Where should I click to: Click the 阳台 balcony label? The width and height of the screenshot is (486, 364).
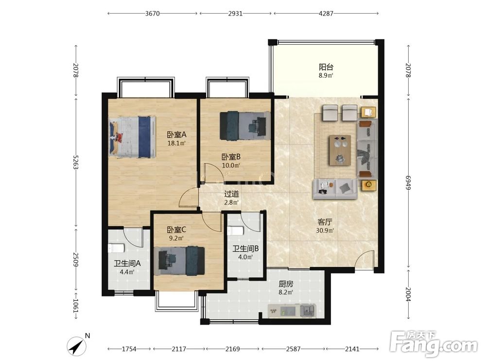click(x=326, y=67)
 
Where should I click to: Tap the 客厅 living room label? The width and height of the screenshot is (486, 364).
click(x=325, y=222)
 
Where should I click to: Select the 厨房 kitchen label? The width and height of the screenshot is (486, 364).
click(x=286, y=284)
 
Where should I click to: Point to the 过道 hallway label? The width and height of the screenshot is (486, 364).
click(x=231, y=194)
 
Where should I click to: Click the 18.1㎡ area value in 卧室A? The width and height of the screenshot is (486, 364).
click(x=176, y=143)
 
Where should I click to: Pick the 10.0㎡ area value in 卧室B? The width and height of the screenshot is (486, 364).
click(x=231, y=165)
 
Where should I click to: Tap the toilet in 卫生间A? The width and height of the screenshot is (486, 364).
click(x=116, y=248)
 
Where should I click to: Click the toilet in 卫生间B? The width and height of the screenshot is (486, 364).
click(x=235, y=231)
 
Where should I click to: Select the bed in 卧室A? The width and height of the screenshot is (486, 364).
click(x=132, y=137)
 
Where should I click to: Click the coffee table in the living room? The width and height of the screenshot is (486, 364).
click(x=340, y=150)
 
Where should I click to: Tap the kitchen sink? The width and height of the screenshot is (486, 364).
click(x=307, y=310)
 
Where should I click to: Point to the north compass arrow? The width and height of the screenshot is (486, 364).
click(x=77, y=345)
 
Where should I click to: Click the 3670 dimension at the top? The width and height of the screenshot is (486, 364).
click(x=152, y=13)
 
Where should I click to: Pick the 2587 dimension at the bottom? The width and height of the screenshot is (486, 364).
click(x=293, y=349)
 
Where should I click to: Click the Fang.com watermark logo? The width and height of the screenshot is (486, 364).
click(x=434, y=343)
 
